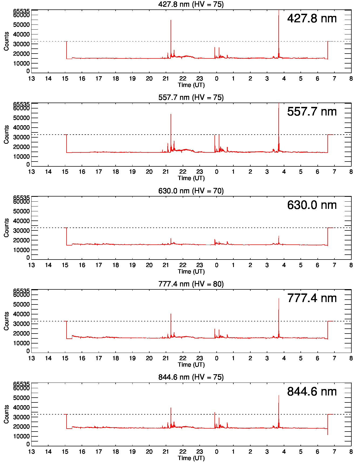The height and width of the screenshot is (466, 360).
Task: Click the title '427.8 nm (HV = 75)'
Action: [x=191, y=4]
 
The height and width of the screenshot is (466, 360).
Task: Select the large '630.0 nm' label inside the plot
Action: [x=312, y=205]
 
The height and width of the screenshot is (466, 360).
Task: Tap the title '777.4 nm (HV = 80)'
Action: [x=191, y=284]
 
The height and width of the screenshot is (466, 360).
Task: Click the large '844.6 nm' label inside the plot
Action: [x=312, y=392]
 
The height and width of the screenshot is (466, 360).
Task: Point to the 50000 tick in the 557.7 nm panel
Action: [x=21, y=118]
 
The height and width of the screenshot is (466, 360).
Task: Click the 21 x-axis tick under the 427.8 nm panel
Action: [x=166, y=79]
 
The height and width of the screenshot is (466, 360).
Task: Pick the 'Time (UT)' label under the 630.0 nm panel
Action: [x=191, y=271]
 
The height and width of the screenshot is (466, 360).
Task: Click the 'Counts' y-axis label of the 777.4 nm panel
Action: [x=6, y=321]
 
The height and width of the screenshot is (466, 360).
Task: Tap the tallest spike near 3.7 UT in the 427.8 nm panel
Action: [x=279, y=11]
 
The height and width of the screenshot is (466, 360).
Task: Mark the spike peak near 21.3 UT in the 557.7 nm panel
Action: [x=171, y=114]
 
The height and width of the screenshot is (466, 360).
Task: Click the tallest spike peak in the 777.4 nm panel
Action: [x=279, y=299]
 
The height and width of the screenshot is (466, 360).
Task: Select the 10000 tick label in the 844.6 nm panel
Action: [x=21, y=436]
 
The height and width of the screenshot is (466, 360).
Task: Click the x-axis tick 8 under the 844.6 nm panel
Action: [x=351, y=452]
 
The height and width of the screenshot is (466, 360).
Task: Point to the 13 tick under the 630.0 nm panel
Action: [x=32, y=265]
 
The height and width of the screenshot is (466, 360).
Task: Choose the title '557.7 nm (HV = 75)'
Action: [x=191, y=97]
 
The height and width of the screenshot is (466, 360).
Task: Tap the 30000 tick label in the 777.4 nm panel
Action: [x=21, y=324]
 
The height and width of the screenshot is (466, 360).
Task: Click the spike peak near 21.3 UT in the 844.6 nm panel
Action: [x=171, y=408]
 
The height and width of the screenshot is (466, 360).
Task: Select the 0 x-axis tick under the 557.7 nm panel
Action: [x=216, y=172]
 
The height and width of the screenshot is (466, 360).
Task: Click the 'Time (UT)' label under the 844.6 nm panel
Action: [x=191, y=458]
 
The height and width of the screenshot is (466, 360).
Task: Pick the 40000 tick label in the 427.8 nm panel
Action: [x=21, y=34]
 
